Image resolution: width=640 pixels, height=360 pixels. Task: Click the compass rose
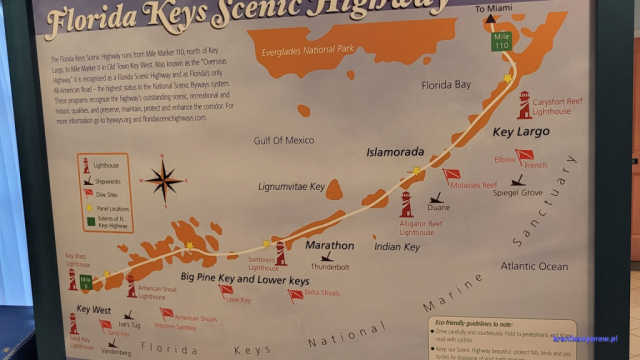click(x=163, y=181)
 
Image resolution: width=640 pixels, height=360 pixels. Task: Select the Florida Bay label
click(x=445, y=86)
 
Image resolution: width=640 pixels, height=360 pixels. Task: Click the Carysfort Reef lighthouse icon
click(x=524, y=103)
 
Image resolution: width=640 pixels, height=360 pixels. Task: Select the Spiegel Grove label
click(x=518, y=192)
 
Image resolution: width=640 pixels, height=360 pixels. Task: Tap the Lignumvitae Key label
click(x=292, y=187)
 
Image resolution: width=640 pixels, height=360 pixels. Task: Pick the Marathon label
click(x=330, y=245)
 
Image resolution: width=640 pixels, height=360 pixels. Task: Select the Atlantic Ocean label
click(x=534, y=267)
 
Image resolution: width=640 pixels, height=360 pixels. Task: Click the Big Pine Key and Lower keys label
click(x=245, y=281)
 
